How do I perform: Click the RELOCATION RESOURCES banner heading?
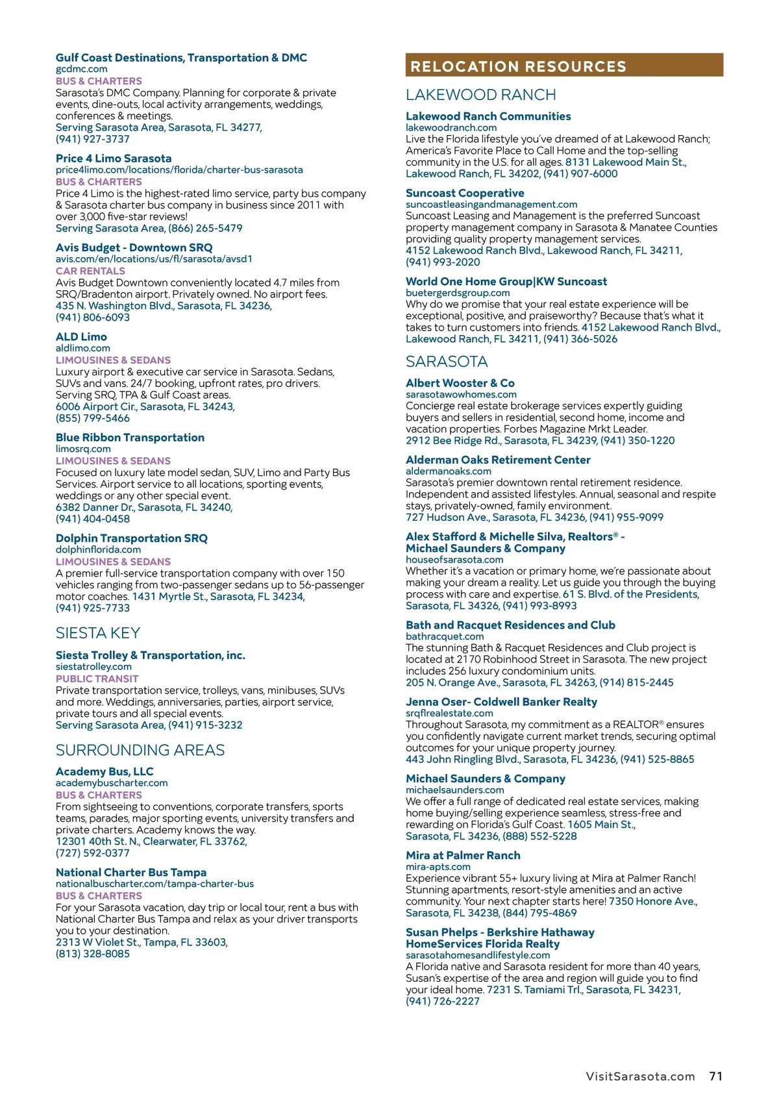(518, 66)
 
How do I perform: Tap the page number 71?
(715, 1076)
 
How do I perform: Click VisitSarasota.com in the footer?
(640, 1077)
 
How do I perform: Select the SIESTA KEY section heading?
(97, 633)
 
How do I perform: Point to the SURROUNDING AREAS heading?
(140, 750)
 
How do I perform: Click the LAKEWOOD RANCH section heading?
(480, 95)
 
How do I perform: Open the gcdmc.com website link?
(81, 69)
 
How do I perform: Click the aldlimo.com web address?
(82, 348)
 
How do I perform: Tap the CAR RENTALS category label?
(90, 271)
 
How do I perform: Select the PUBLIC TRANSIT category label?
(97, 679)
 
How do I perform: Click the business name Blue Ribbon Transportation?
(130, 438)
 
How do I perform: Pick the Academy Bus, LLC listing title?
(105, 771)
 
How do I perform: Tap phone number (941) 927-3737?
(92, 139)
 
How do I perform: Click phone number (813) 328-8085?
(92, 954)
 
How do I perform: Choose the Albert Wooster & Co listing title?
(460, 383)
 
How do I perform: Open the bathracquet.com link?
(444, 636)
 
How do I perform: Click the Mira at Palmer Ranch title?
(463, 855)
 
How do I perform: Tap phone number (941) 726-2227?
(442, 1001)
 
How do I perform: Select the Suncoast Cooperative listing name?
(465, 193)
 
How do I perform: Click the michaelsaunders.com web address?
(454, 790)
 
